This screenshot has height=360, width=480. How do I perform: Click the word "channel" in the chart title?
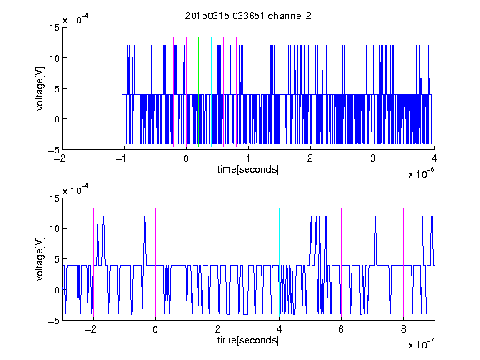coord(285,16)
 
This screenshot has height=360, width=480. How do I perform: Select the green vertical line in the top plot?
coord(199,92)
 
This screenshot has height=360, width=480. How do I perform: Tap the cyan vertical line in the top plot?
coord(211,92)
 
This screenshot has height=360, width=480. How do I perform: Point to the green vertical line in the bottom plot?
coord(217,262)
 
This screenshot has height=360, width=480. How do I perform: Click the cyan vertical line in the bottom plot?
coord(279,262)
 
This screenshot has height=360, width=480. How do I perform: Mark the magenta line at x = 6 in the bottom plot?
coord(342,262)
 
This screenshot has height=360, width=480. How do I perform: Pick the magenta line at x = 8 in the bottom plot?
coord(404,262)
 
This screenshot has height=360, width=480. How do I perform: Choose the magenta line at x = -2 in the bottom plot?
coord(93,262)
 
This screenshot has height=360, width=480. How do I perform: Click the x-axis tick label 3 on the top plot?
coord(372,158)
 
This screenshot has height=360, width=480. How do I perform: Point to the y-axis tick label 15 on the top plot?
coord(55,27)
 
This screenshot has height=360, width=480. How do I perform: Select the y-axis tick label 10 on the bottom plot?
coord(55,228)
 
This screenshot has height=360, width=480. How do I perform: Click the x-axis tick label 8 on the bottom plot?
coord(403,329)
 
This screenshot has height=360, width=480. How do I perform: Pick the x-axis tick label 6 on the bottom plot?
coord(342,329)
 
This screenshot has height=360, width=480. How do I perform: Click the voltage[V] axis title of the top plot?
coord(40,89)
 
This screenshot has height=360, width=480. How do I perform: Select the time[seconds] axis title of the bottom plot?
coord(248,340)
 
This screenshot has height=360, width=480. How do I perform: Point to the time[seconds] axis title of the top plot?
coord(248,169)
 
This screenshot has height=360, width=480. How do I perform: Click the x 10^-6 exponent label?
coord(421,172)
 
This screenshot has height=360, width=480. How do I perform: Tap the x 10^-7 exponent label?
coord(421,343)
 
